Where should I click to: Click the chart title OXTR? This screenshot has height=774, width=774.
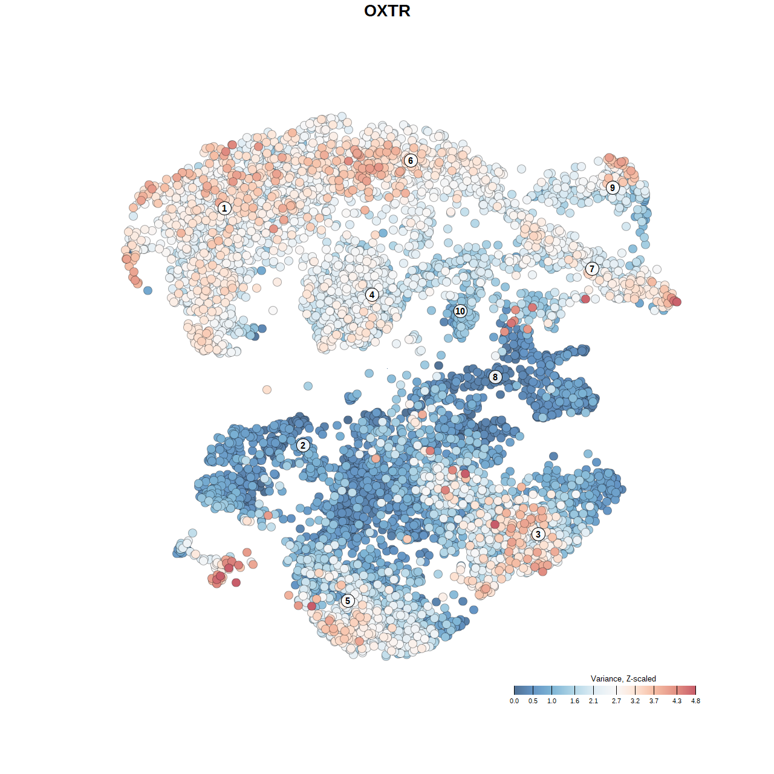pos(387,11)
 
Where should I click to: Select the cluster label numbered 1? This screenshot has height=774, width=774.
pos(224,208)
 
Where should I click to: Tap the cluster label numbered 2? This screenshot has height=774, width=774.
pos(303,446)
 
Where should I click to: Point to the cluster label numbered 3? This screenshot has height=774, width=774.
pos(538,534)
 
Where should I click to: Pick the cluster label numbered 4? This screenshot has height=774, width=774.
pos(372,294)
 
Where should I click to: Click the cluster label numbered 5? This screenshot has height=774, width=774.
pos(348,600)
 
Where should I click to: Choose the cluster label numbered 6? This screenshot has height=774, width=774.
pos(411,160)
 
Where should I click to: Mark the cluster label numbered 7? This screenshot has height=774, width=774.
pos(592,268)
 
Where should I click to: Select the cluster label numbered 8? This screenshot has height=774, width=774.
pos(495,377)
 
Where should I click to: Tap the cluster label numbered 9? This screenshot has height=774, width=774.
pos(613,187)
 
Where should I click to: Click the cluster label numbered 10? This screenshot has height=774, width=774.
pos(460,311)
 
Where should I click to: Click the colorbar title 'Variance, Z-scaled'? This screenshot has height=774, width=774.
pos(623,678)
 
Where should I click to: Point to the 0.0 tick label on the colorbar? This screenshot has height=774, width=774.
pos(514,701)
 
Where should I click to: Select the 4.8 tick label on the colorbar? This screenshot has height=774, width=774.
pos(695,701)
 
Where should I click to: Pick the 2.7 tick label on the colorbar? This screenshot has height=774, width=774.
pos(616,701)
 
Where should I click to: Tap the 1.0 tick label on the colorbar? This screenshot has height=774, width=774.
pos(551,701)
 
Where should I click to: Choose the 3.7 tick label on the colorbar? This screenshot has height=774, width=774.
pos(654,701)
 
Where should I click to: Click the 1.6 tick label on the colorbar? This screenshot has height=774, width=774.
pos(574,701)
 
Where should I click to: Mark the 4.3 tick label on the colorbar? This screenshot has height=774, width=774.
pos(677,701)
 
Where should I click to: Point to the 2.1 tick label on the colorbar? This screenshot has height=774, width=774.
pos(593,701)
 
